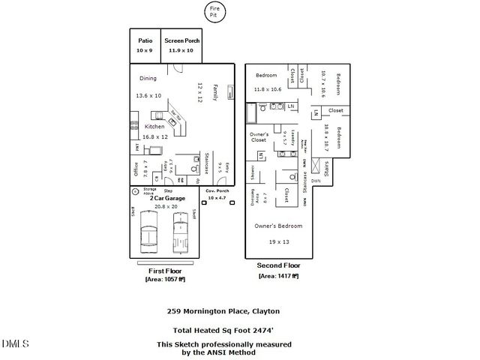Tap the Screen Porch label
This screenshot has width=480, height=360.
click(180, 40)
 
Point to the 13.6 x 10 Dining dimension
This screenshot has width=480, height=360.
click(148, 96)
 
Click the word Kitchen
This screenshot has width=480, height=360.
click(154, 127)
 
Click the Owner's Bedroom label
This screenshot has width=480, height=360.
click(278, 226)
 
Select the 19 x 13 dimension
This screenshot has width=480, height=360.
click(279, 242)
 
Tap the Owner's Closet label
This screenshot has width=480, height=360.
click(259, 136)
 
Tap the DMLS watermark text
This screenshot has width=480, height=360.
click(15, 343)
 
